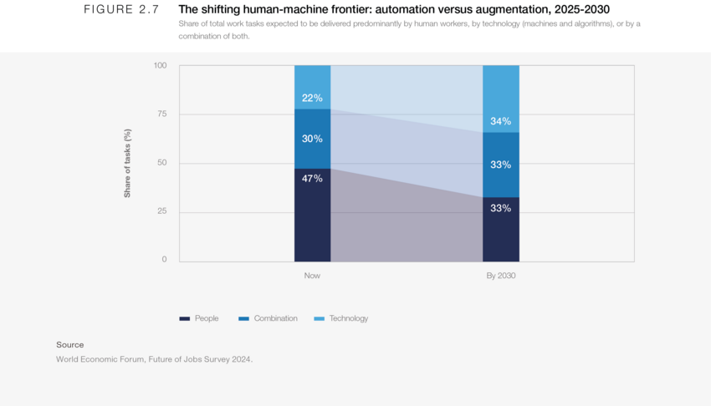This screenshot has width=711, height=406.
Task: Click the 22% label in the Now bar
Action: pos(312,98)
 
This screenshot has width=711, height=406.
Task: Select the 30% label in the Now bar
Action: pos(312,139)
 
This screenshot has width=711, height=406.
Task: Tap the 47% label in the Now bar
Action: pos(312,178)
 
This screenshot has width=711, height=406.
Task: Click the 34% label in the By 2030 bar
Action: pos(500,121)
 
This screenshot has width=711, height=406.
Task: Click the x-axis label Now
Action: pos(312,276)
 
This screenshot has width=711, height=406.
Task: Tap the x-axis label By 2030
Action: pos(500,276)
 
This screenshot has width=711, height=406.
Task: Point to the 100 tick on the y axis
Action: pos(160,66)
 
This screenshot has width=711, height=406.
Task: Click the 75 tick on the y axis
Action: pos(161,114)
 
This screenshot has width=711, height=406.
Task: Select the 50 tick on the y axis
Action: pos(161,163)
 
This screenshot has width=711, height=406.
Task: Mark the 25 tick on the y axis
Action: pos(161,211)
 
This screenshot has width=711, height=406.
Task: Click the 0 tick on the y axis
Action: pos(164,260)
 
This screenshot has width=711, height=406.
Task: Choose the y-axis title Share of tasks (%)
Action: pos(128,163)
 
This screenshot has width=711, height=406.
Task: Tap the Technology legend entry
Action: pos(340,318)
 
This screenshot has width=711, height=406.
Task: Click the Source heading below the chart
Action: pos(70,345)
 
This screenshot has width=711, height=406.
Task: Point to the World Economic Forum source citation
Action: pos(154,359)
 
